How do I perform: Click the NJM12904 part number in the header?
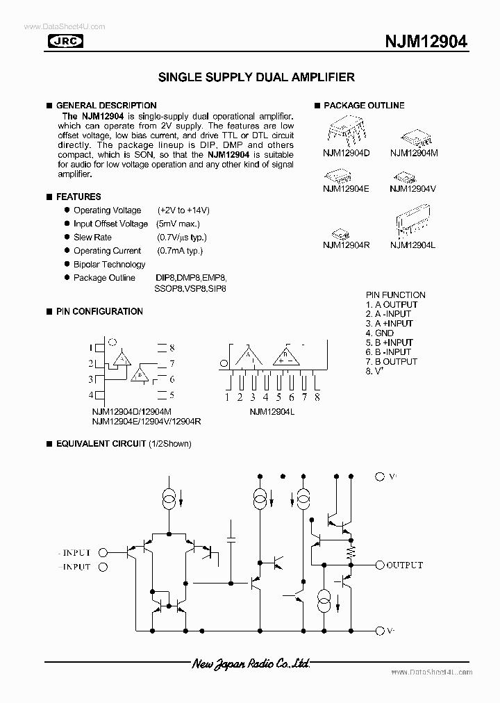click(x=426, y=42)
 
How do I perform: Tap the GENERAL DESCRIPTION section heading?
click(x=106, y=106)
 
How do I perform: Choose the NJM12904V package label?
click(x=412, y=188)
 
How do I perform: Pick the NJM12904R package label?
click(x=346, y=244)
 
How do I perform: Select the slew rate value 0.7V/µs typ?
click(x=182, y=237)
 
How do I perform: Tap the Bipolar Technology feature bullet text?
click(x=110, y=264)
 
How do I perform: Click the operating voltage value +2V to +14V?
click(x=183, y=210)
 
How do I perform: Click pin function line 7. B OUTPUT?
click(x=392, y=361)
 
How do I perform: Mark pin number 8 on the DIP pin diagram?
click(x=172, y=347)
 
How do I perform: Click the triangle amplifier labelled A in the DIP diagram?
click(x=122, y=358)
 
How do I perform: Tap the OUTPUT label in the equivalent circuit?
click(x=404, y=565)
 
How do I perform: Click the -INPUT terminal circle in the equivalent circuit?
click(x=103, y=553)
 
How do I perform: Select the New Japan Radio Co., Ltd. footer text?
click(x=251, y=665)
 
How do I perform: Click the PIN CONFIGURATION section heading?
click(x=99, y=311)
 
